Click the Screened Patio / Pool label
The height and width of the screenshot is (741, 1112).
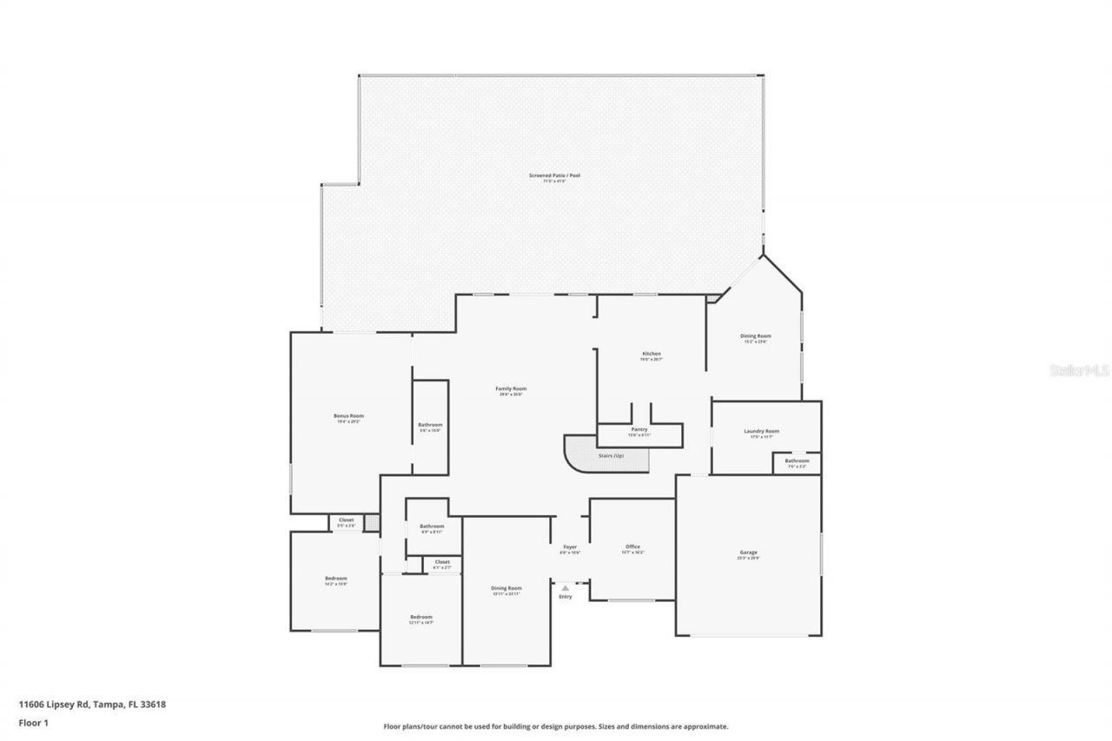[554, 175]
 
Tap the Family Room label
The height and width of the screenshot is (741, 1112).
[511, 389]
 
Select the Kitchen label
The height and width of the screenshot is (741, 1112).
[652, 354]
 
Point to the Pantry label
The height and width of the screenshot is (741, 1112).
[639, 430]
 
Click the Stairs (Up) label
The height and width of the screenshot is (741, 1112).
[611, 456]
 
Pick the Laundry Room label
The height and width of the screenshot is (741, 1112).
[761, 432]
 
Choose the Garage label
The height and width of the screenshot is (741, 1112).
[748, 552]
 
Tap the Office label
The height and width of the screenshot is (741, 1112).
[632, 547]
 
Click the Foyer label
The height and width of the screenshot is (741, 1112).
[570, 547]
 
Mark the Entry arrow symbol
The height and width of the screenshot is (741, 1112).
[566, 588]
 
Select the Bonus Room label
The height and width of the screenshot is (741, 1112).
[348, 416]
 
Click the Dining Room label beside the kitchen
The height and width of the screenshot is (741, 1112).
[756, 336]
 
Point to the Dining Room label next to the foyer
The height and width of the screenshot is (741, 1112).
[506, 588]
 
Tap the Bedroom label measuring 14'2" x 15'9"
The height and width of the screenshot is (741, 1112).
[335, 579]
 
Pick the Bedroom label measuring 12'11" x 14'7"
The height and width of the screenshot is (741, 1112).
[420, 617]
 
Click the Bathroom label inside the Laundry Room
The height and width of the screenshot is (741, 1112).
[797, 461]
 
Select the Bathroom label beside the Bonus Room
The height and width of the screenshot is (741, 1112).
[430, 425]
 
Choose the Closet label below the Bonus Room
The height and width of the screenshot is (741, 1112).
[346, 520]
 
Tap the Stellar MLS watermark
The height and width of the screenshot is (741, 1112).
[1080, 370]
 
